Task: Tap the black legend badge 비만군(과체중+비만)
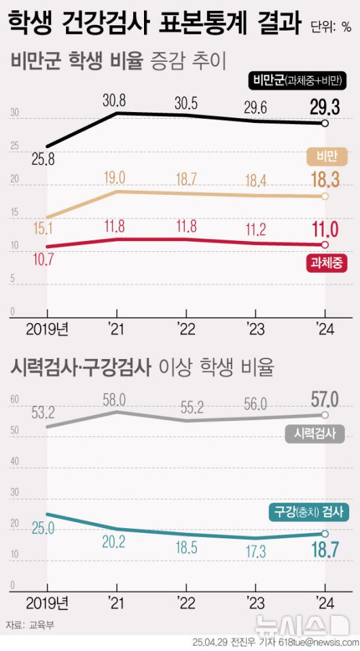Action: pos(298,81)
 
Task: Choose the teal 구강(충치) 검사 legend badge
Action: pos(308,513)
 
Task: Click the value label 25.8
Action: pos(41,160)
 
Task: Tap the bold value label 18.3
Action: pos(323,180)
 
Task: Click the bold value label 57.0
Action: pos(323,398)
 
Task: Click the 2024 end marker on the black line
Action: pos(325,124)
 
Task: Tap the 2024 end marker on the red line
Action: pos(325,244)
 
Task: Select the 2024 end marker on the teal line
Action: pos(325,534)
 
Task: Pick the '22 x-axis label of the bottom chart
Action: pos(186,602)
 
